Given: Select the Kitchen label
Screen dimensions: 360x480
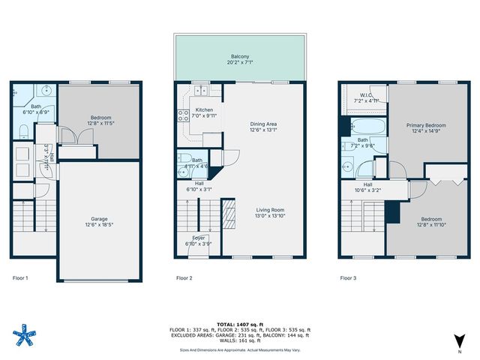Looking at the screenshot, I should click(193, 110).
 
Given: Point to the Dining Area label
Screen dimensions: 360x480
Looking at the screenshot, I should click(263, 124).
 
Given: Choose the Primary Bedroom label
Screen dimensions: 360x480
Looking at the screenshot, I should click(426, 125).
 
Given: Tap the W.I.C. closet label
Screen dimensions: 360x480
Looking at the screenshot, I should click(367, 94).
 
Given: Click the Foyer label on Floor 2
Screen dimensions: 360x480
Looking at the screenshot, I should click(198, 238).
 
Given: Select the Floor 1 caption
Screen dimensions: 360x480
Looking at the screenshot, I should click(21, 277).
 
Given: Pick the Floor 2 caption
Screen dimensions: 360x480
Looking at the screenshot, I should click(184, 277).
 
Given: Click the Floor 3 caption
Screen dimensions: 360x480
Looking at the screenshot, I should click(348, 277).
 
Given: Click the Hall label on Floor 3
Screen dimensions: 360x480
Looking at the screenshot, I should click(367, 184).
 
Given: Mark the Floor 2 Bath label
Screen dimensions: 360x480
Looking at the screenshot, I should click(196, 160).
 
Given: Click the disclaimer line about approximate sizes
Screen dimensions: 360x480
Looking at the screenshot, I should click(241, 349).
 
